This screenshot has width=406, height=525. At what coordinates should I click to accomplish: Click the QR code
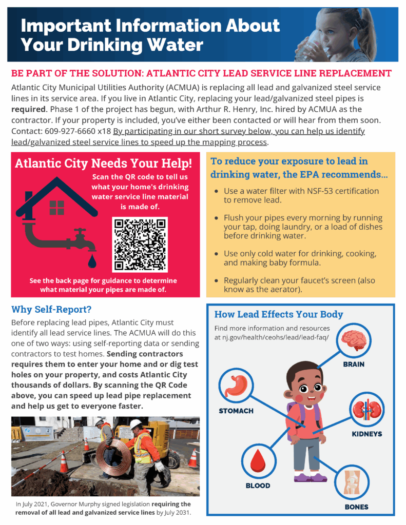[140, 244]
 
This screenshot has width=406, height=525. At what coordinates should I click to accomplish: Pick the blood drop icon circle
[257, 461]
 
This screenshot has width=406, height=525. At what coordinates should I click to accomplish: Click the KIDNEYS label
[366, 434]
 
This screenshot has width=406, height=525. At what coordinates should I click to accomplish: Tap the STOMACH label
[236, 411]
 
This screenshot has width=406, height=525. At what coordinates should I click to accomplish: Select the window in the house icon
[56, 208]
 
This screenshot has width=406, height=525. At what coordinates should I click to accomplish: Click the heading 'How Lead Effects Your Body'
[279, 314]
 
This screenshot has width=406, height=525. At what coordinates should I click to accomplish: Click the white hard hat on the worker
[136, 425]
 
